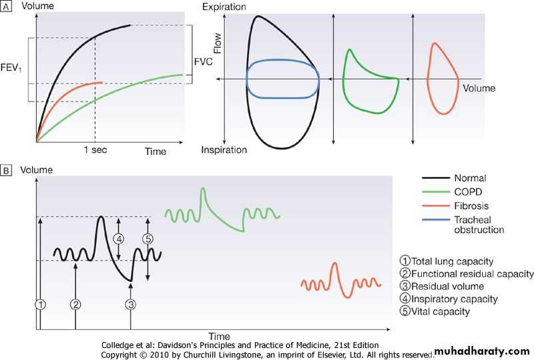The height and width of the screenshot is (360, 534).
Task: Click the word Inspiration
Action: pos(224,150)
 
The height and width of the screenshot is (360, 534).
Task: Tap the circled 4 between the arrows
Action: pos(119,238)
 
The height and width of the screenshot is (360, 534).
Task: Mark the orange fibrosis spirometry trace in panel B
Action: pos(340,281)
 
